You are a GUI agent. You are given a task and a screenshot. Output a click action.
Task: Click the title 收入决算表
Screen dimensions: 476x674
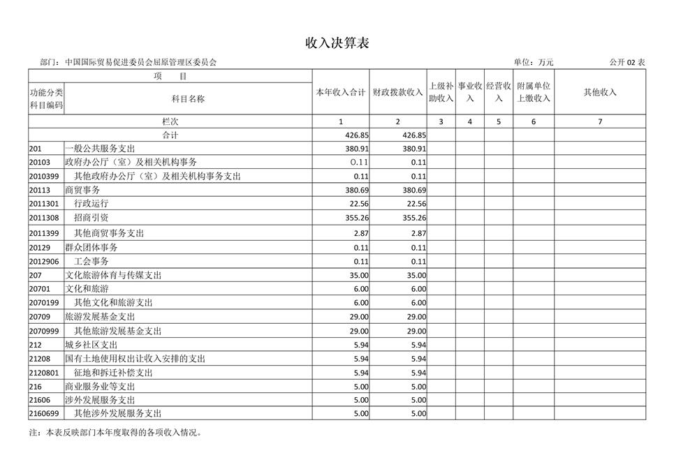(337, 43)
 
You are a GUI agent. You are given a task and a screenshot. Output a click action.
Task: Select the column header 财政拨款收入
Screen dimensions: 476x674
(397, 92)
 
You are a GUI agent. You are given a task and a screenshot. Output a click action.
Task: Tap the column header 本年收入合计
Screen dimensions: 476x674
(341, 92)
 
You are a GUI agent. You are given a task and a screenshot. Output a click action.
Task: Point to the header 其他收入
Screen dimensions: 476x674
(600, 92)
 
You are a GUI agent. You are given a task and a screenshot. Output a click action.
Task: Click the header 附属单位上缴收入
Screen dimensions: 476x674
(534, 92)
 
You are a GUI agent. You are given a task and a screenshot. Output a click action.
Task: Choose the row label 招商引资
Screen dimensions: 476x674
(91, 218)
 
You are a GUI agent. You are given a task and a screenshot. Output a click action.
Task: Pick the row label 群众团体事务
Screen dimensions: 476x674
(91, 247)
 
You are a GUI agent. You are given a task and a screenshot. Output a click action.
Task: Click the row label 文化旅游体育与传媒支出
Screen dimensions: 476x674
(113, 275)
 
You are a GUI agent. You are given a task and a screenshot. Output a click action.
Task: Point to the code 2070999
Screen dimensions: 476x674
(44, 331)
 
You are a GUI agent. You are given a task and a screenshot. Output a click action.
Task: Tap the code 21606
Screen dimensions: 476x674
(40, 400)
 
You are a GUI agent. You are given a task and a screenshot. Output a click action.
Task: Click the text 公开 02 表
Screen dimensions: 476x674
(627, 62)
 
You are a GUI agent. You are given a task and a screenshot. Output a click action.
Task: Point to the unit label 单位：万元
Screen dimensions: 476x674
(534, 62)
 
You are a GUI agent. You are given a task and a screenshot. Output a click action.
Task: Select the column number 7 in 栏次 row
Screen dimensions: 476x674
(600, 121)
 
